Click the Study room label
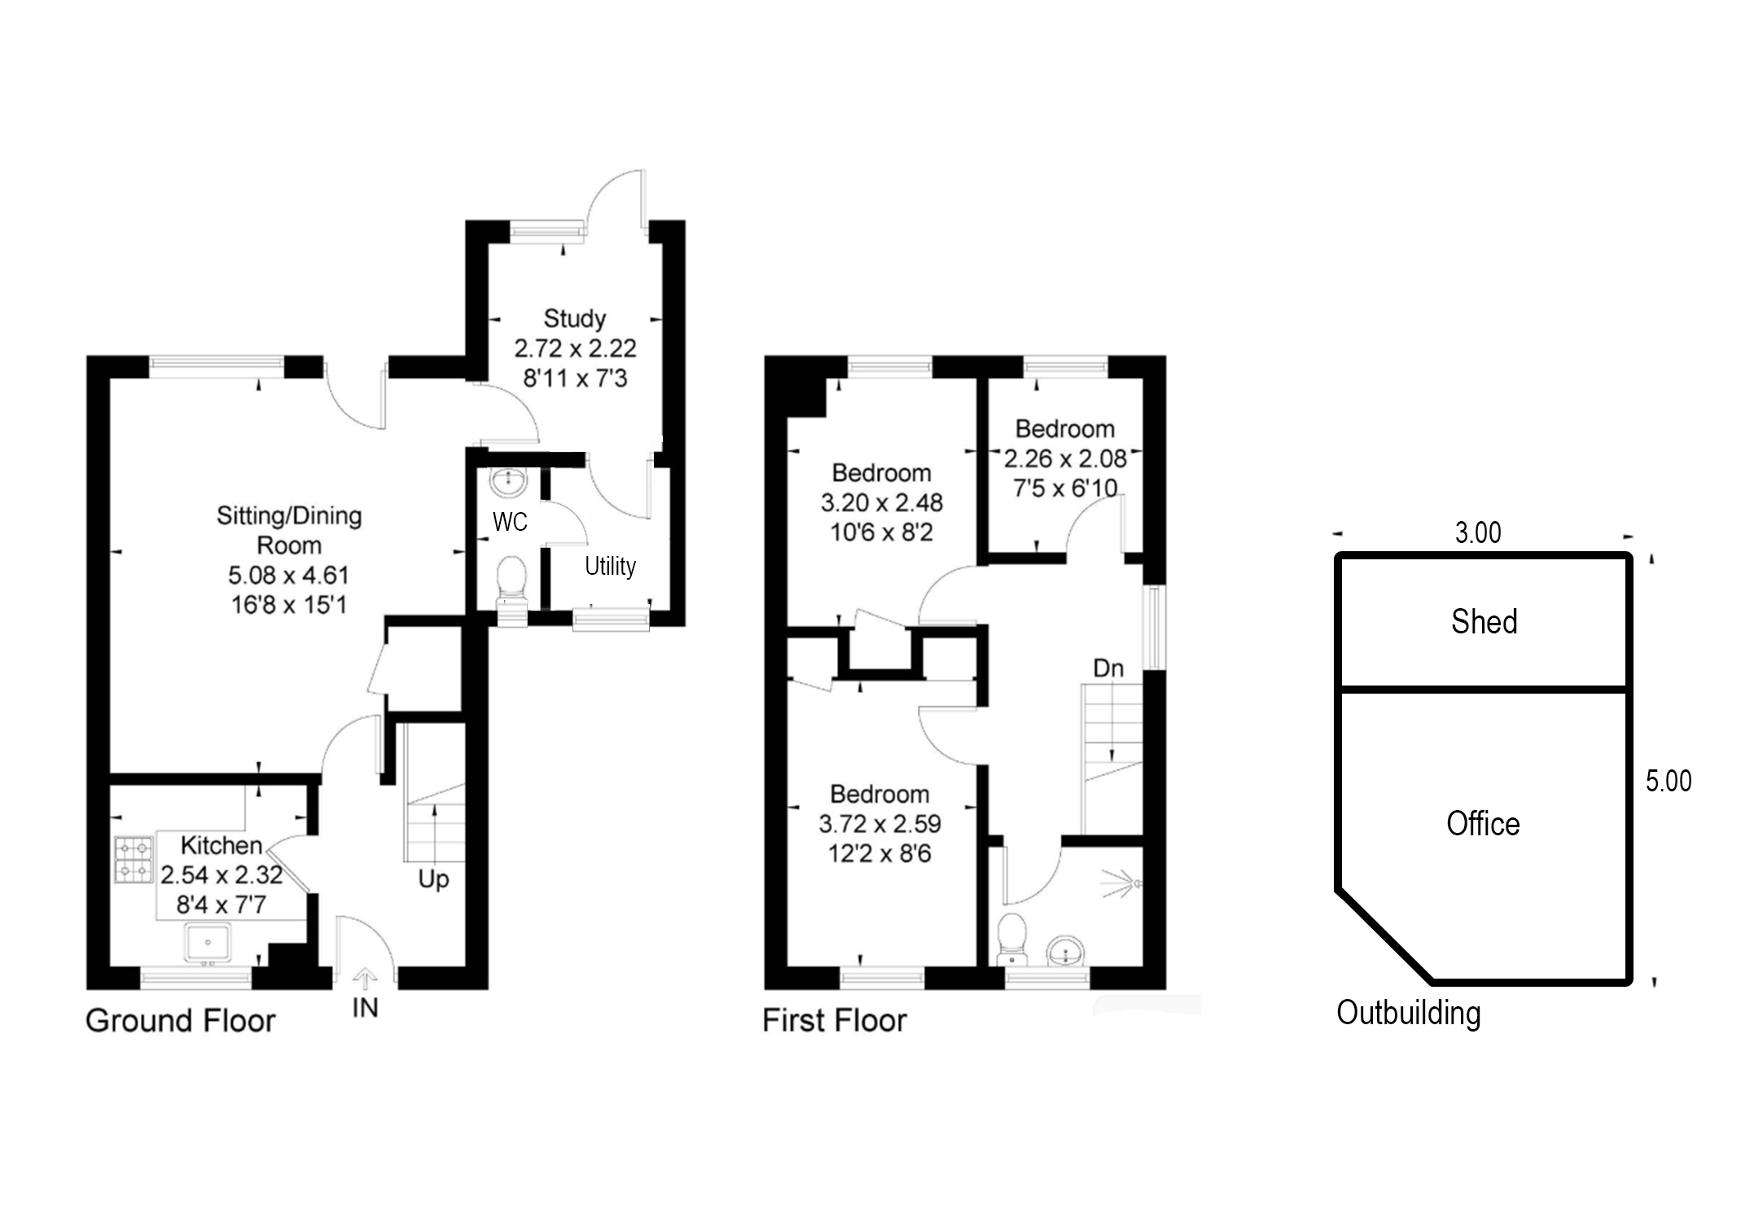pos(574,318)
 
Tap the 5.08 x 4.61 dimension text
pos(288,576)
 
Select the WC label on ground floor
pos(510,522)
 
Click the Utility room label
pos(610,566)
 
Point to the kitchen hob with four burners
pos(134,861)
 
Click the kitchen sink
pos(208,943)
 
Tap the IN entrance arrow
pos(365,979)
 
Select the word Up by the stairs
pos(433,879)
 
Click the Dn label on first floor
pos(1107,668)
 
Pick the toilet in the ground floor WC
pos(511,576)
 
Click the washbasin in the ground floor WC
pos(510,481)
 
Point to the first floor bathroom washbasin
pos(1065,949)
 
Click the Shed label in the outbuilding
pos(1484,622)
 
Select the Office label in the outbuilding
pos(1482,824)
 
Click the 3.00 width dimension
pos(1478,533)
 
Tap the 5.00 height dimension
pos(1669,782)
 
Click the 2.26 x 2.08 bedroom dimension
pos(1064,459)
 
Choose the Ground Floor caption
pos(181,1021)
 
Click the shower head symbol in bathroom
pos(1124,883)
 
